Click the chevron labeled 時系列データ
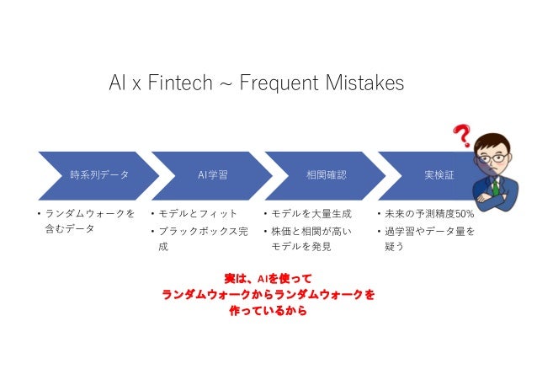click(97, 175)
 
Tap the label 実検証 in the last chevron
click(439, 175)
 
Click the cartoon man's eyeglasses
click(496, 158)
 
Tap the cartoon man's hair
click(497, 137)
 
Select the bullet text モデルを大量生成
click(312, 214)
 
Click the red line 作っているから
click(268, 311)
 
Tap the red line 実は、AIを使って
click(268, 277)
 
